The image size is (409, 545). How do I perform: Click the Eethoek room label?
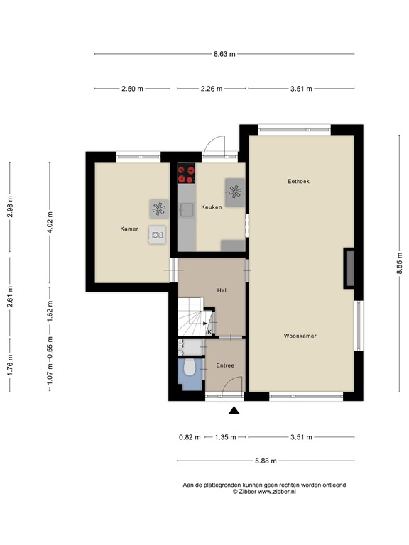pyautogui.click(x=298, y=182)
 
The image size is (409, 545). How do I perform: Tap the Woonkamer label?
pyautogui.click(x=300, y=335)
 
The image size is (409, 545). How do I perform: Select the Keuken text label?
pyautogui.click(x=211, y=207)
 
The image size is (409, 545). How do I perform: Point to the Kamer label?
pyautogui.click(x=129, y=229)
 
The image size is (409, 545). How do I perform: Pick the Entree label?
pyautogui.click(x=224, y=365)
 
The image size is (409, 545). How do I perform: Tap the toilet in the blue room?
pyautogui.click(x=189, y=368)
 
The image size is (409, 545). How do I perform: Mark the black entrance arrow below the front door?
pyautogui.click(x=234, y=409)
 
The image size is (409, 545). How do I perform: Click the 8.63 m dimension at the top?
pyautogui.click(x=224, y=53)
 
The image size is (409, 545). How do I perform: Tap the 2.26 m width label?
pyautogui.click(x=211, y=89)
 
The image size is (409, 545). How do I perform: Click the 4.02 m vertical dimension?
pyautogui.click(x=50, y=217)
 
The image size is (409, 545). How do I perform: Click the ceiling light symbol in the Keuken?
pyautogui.click(x=235, y=190)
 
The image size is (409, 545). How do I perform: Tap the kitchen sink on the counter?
pyautogui.click(x=187, y=209)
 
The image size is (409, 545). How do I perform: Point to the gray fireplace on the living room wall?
pyautogui.click(x=349, y=268)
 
